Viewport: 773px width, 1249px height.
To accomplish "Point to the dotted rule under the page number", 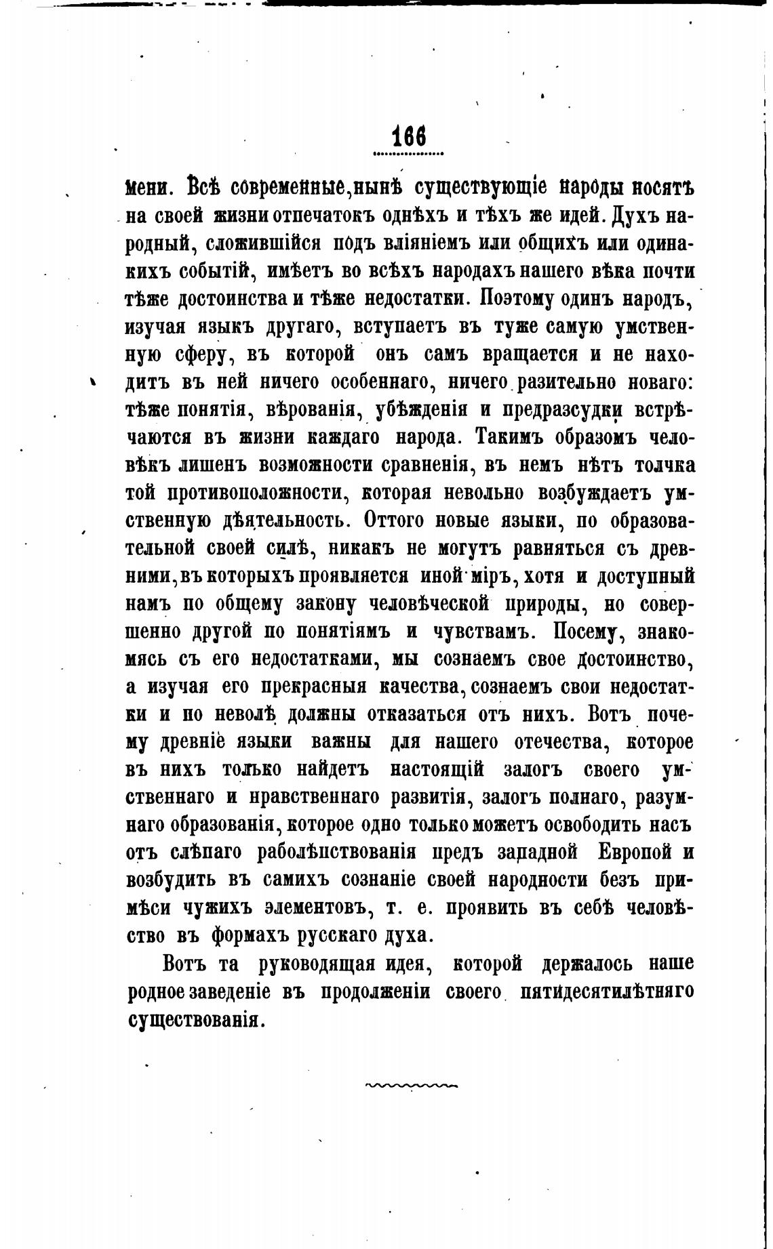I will click(x=409, y=154).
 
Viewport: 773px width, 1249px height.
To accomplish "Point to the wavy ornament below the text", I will click(x=411, y=1085).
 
